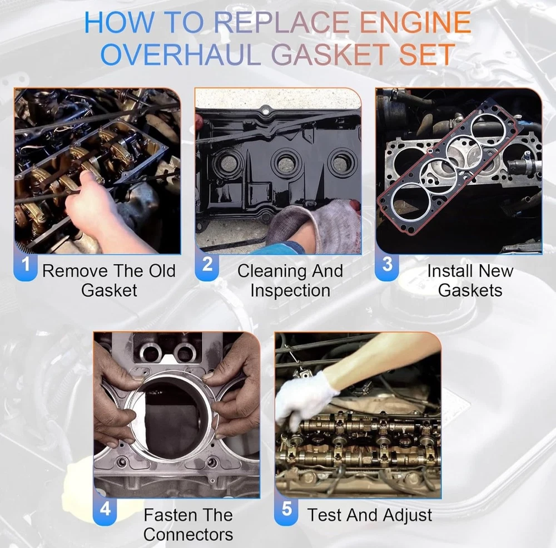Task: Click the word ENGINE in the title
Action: (415, 22)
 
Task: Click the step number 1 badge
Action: (26, 264)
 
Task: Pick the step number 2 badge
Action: (207, 264)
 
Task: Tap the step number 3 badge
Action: (387, 264)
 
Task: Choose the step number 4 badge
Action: (105, 509)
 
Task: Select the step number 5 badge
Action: (286, 509)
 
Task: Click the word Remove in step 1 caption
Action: (75, 271)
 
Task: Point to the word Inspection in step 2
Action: (290, 290)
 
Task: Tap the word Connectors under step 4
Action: (188, 535)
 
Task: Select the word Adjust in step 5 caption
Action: (408, 516)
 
